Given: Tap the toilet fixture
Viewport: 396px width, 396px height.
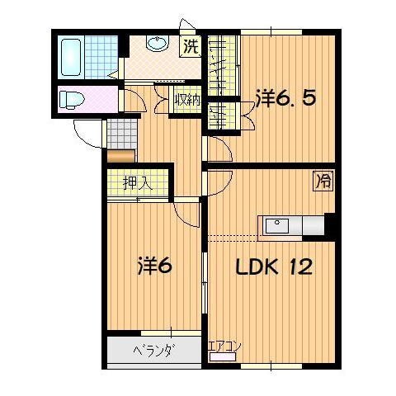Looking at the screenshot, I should click(72, 100).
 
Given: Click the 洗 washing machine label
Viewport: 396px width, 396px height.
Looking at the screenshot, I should click(191, 46).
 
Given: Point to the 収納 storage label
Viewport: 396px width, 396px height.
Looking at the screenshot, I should click(186, 100).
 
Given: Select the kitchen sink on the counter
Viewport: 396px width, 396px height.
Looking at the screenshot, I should click(275, 223).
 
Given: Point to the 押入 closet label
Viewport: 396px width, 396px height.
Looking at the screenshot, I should click(139, 182).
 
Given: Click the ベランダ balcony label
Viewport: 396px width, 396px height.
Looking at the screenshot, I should click(153, 351).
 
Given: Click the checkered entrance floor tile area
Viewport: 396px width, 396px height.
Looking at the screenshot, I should click(119, 131).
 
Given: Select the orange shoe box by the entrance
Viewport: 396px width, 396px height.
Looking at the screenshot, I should click(119, 153).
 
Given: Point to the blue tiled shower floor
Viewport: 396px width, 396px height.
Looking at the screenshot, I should click(102, 55).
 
